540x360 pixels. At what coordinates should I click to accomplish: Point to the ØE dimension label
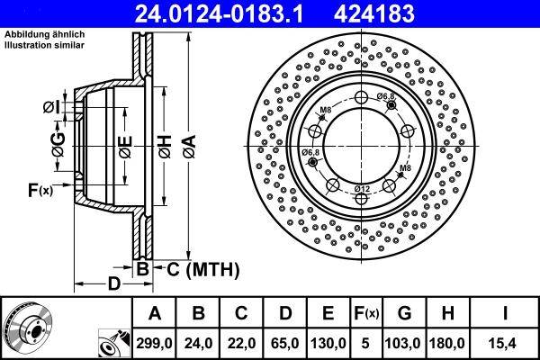pyautogui.click(x=125, y=145)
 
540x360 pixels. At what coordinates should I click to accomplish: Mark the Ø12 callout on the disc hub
pyautogui.click(x=362, y=187)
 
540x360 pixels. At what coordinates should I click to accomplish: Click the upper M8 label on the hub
pyautogui.click(x=325, y=111)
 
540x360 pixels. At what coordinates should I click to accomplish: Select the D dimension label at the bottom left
pyautogui.click(x=113, y=284)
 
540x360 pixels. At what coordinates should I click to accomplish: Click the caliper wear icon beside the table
pyautogui.click(x=112, y=343)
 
